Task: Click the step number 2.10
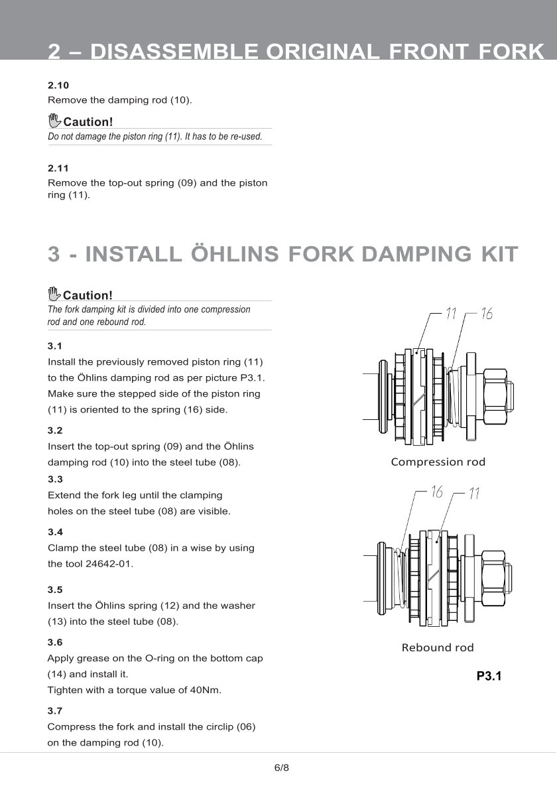pyautogui.click(x=58, y=86)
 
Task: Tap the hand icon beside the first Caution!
pyautogui.click(x=54, y=121)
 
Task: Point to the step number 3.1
pyautogui.click(x=55, y=346)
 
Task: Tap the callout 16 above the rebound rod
pyautogui.click(x=436, y=492)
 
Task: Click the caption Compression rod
pyautogui.click(x=438, y=462)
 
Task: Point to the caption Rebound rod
pyautogui.click(x=438, y=647)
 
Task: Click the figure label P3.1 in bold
pyautogui.click(x=489, y=677)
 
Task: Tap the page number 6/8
pyautogui.click(x=282, y=768)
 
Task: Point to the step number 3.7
pyautogui.click(x=55, y=710)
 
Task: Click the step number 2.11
pyautogui.click(x=58, y=168)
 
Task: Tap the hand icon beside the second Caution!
pyautogui.click(x=54, y=294)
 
